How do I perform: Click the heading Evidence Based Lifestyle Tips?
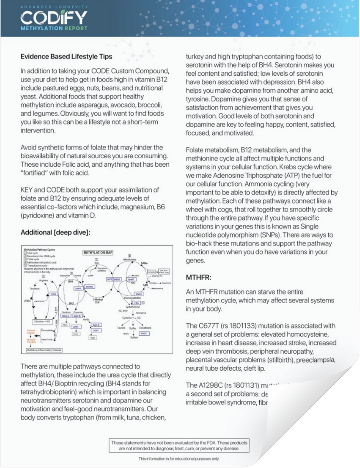coord(66,56)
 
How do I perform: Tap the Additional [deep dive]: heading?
coord(55,232)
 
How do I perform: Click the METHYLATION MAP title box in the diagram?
coord(98,253)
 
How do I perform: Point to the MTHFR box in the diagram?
coord(89,287)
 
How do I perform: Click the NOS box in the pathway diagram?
coord(54,294)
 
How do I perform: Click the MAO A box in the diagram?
coord(66,316)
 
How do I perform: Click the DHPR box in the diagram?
coord(78,288)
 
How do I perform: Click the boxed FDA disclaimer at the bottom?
coord(179,445)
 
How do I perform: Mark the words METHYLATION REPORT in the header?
coord(54,28)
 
